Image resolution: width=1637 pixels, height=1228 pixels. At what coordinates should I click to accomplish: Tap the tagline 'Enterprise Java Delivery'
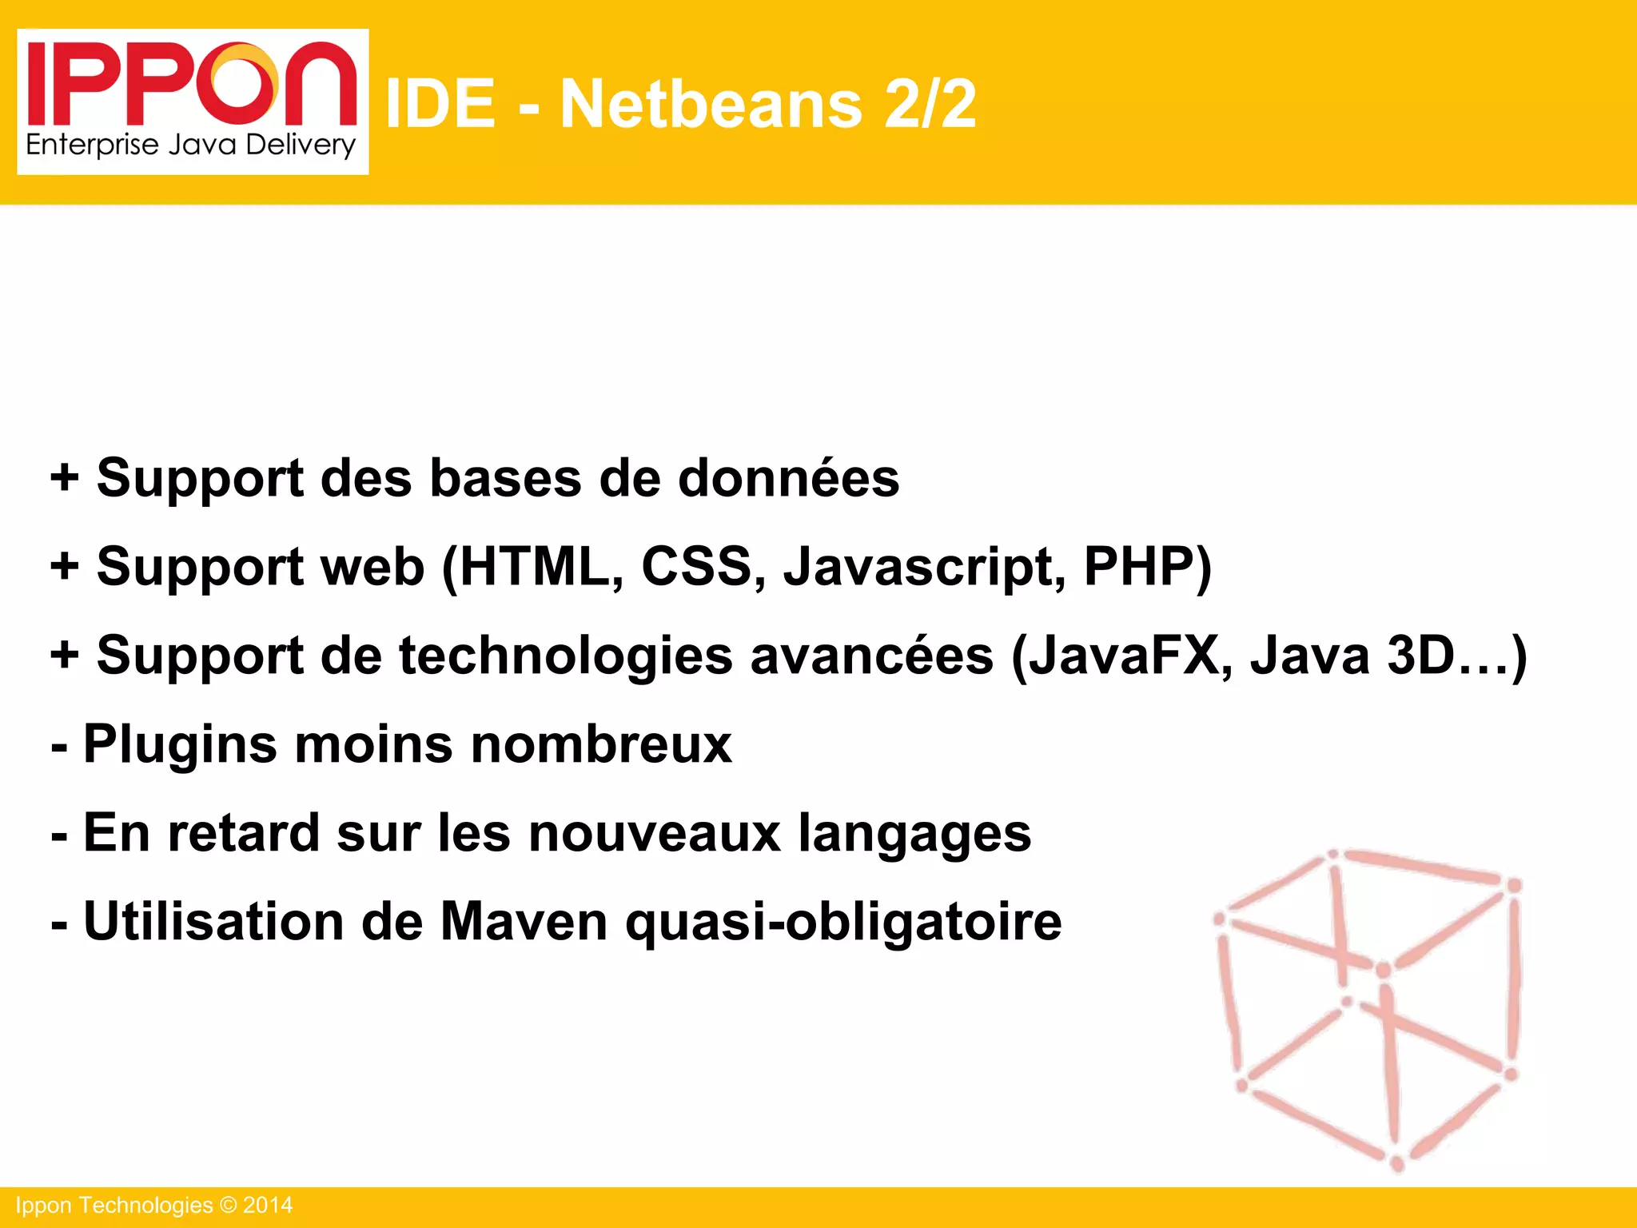tap(190, 146)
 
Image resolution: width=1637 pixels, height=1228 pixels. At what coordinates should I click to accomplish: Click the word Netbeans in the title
tap(711, 104)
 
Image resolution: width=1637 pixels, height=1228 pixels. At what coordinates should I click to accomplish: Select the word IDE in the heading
tap(440, 104)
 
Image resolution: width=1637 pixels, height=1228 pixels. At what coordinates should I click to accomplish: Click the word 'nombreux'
tap(601, 744)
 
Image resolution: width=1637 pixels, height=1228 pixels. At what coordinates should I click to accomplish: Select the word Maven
tap(524, 922)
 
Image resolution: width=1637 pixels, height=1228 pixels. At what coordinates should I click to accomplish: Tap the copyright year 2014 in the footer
tap(268, 1206)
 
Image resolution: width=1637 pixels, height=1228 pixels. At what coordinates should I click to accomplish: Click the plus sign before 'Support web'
tap(65, 567)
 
